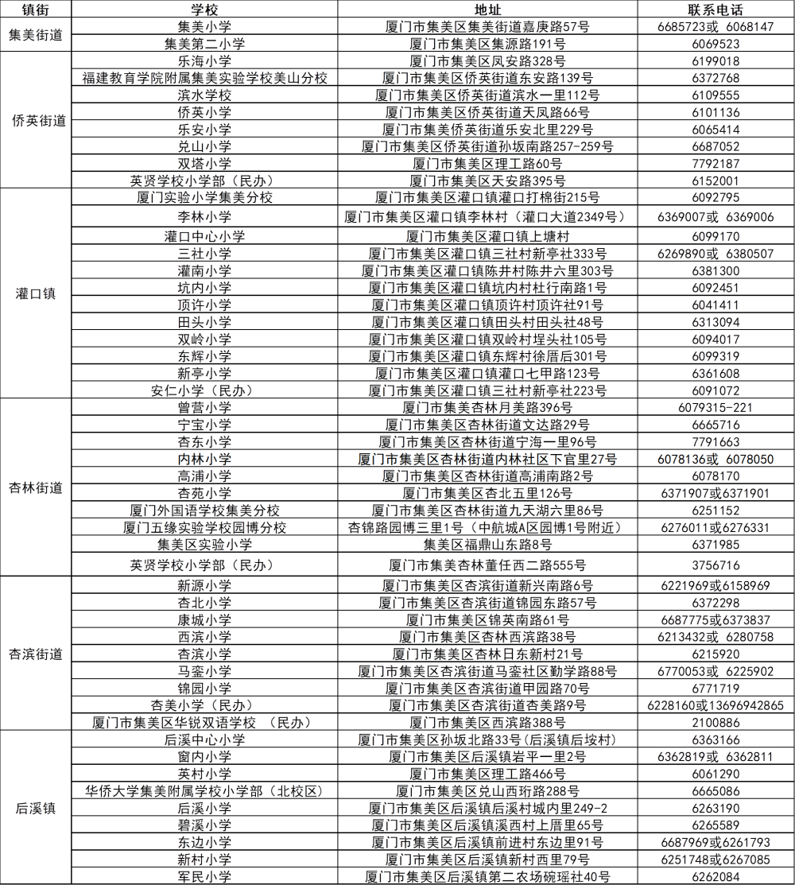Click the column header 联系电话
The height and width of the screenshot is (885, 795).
pyautogui.click(x=715, y=10)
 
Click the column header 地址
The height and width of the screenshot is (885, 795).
pyautogui.click(x=487, y=10)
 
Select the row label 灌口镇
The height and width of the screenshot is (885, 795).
pyautogui.click(x=37, y=293)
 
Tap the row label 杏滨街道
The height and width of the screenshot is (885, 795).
pyautogui.click(x=37, y=654)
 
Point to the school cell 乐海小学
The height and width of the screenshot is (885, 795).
pyautogui.click(x=204, y=61)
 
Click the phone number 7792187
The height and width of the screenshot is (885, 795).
pyautogui.click(x=715, y=164)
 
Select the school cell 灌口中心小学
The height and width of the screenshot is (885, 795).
pyautogui.click(x=204, y=236)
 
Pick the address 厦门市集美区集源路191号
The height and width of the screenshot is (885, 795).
pyautogui.click(x=487, y=44)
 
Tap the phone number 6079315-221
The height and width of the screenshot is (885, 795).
pyautogui.click(x=715, y=407)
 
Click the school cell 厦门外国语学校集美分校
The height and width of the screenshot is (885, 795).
pyautogui.click(x=204, y=510)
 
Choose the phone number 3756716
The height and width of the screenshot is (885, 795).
pyautogui.click(x=715, y=565)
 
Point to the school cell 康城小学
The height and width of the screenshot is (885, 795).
pyautogui.click(x=204, y=619)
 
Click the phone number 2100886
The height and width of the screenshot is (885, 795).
pyautogui.click(x=715, y=722)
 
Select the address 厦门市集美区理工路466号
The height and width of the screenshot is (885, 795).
pyautogui.click(x=487, y=774)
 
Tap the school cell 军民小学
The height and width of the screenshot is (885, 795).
pyautogui.click(x=204, y=876)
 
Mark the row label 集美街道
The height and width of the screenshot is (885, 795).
pyautogui.click(x=37, y=35)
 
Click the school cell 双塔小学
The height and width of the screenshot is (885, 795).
pyautogui.click(x=204, y=164)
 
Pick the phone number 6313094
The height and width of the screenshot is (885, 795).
pyautogui.click(x=715, y=322)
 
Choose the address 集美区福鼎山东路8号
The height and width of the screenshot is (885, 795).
pyautogui.click(x=487, y=545)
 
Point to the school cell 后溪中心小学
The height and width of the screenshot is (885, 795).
pyautogui.click(x=204, y=739)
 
